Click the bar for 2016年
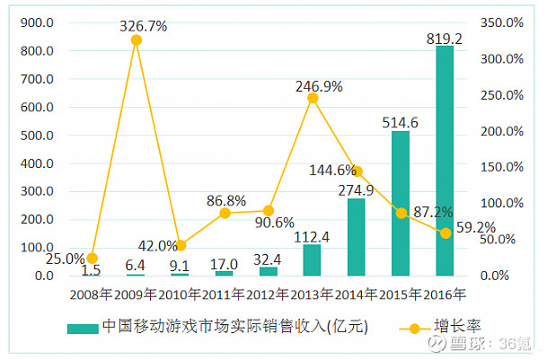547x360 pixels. (445, 161)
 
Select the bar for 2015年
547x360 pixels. (401, 204)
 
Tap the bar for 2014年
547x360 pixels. (357, 237)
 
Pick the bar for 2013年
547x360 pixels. (313, 259)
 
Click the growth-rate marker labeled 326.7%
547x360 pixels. (137, 40)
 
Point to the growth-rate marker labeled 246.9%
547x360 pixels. (313, 98)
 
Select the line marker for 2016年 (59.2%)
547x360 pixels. (445, 233)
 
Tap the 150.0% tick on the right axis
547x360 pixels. (501, 167)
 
